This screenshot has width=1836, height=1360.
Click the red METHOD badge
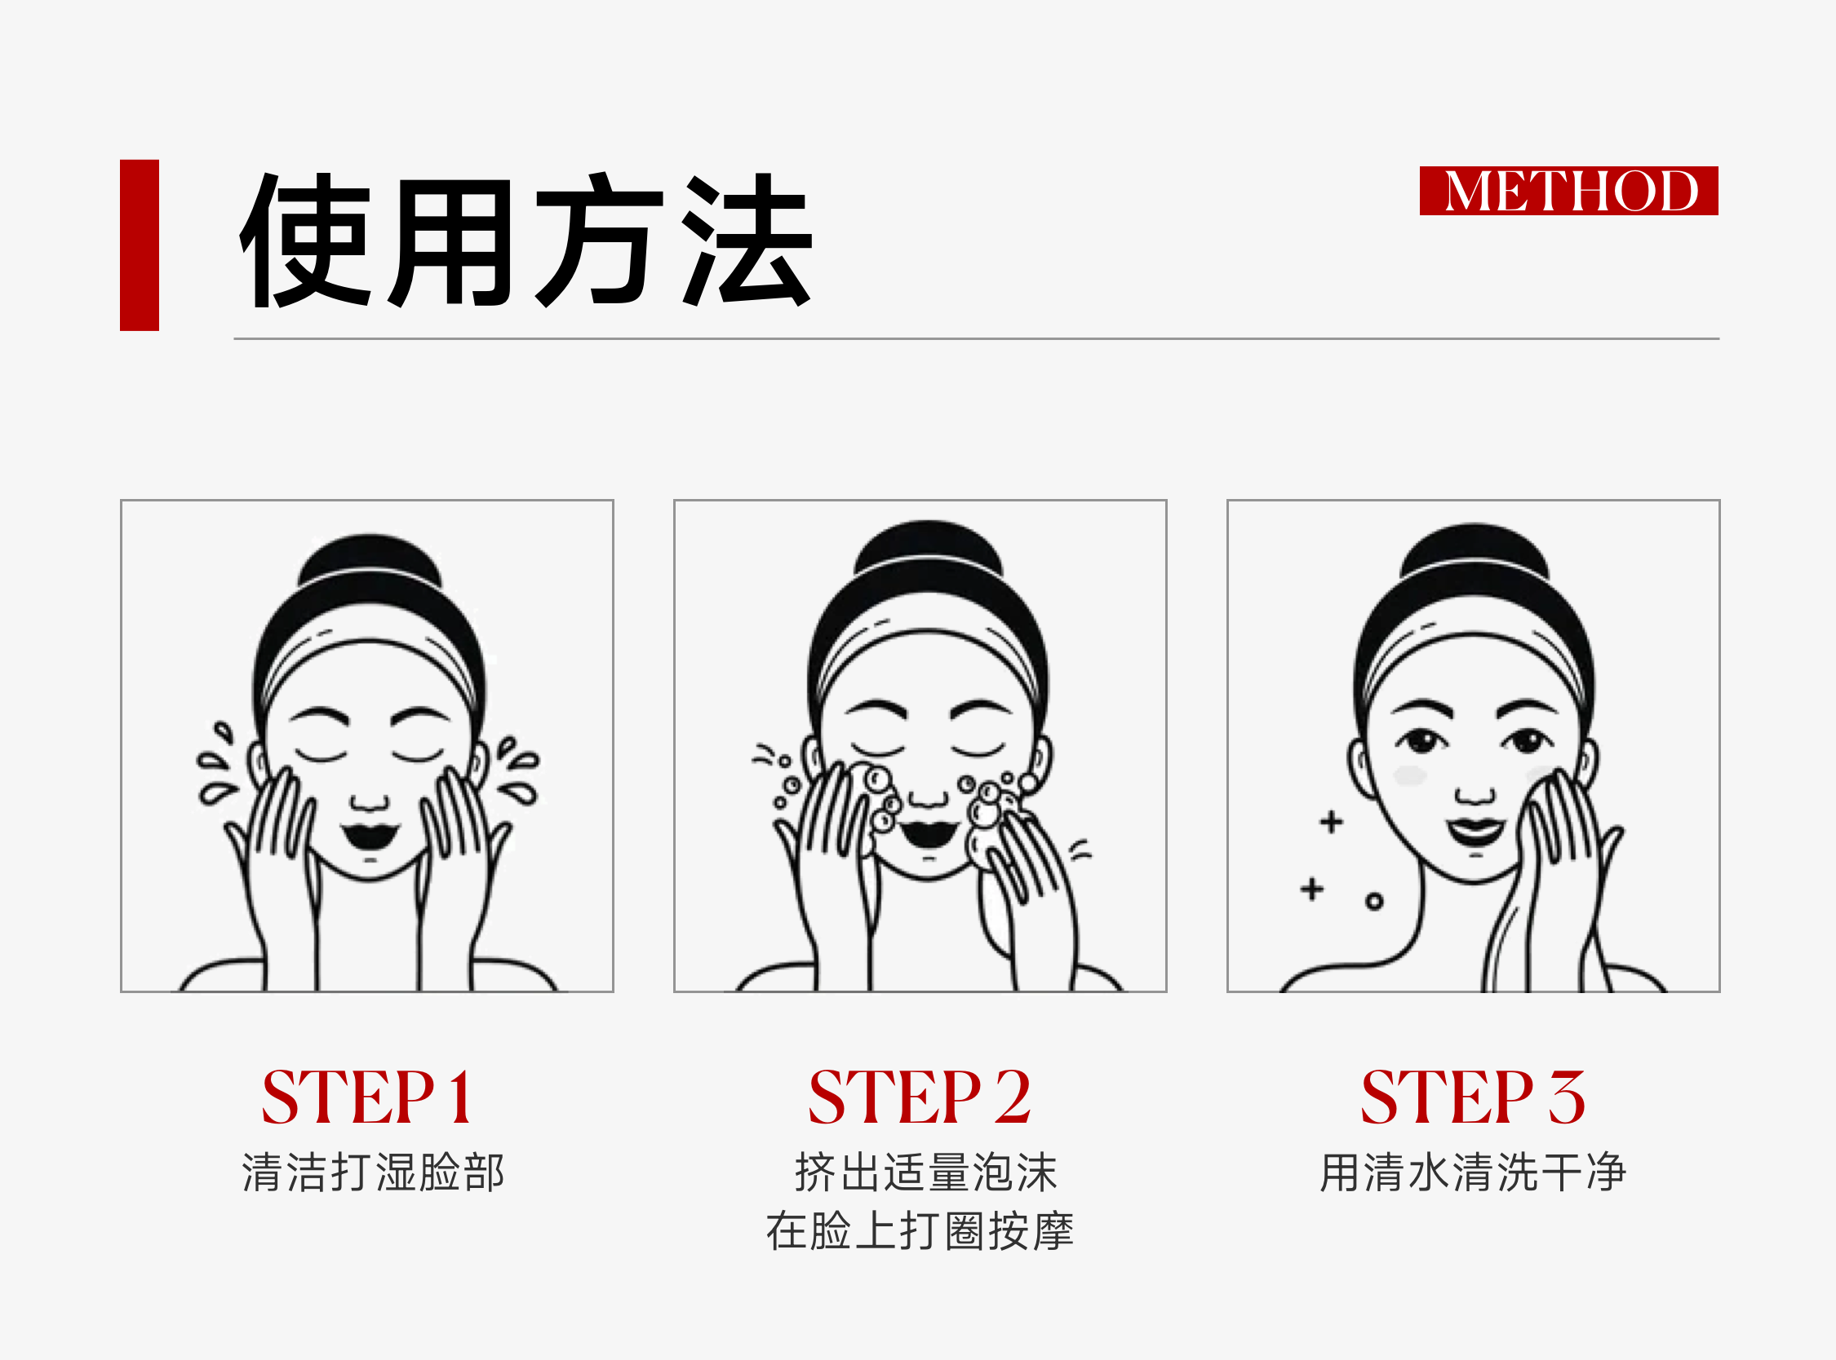coord(1568,191)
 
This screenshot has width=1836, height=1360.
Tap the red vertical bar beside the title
coord(140,245)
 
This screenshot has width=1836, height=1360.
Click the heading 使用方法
coord(526,241)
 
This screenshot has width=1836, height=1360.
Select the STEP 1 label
coord(367,1097)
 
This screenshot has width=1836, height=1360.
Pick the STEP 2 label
coord(920,1097)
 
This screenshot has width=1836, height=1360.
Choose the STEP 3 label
coord(1473,1097)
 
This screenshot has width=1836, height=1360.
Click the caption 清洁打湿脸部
coord(372,1172)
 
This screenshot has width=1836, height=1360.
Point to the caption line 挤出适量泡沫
coord(925,1172)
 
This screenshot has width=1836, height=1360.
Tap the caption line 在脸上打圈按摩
coord(920,1231)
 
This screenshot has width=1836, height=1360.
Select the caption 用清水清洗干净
coord(1473,1172)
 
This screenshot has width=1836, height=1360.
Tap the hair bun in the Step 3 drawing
coord(1475,549)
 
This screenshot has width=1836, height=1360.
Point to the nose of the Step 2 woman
coord(929,797)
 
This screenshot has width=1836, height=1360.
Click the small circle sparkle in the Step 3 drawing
coord(1374,903)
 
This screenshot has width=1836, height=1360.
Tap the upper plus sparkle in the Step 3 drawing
coord(1331,822)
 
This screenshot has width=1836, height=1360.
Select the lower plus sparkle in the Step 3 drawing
coord(1312,889)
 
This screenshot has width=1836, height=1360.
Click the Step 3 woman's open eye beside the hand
coord(1525,740)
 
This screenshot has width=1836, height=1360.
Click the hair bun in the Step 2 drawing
coord(929,547)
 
